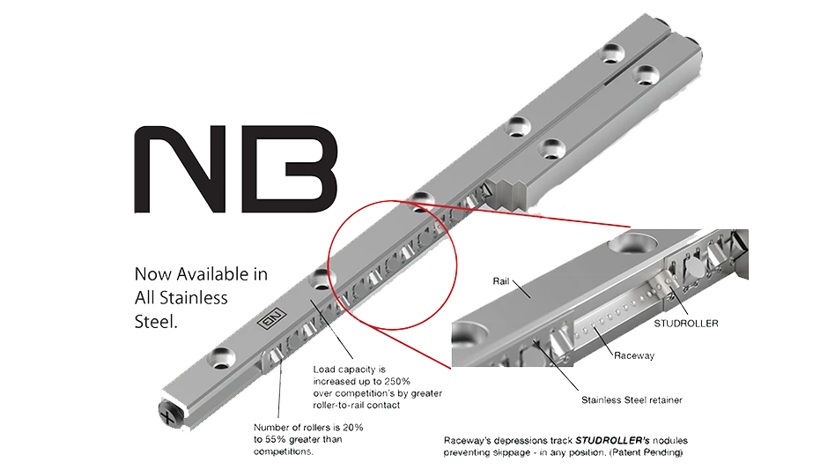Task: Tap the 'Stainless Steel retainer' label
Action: coord(632,399)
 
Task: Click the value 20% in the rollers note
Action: coord(354,427)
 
